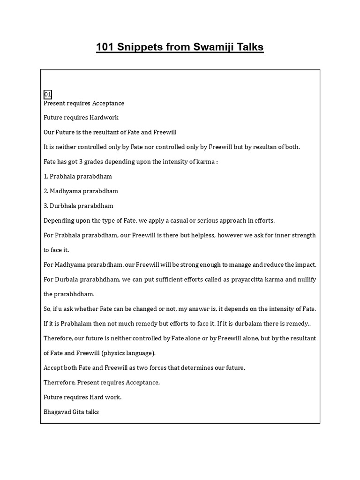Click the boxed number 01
(47, 94)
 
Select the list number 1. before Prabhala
(46, 176)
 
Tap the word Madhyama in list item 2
(66, 191)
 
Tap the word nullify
(305, 279)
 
